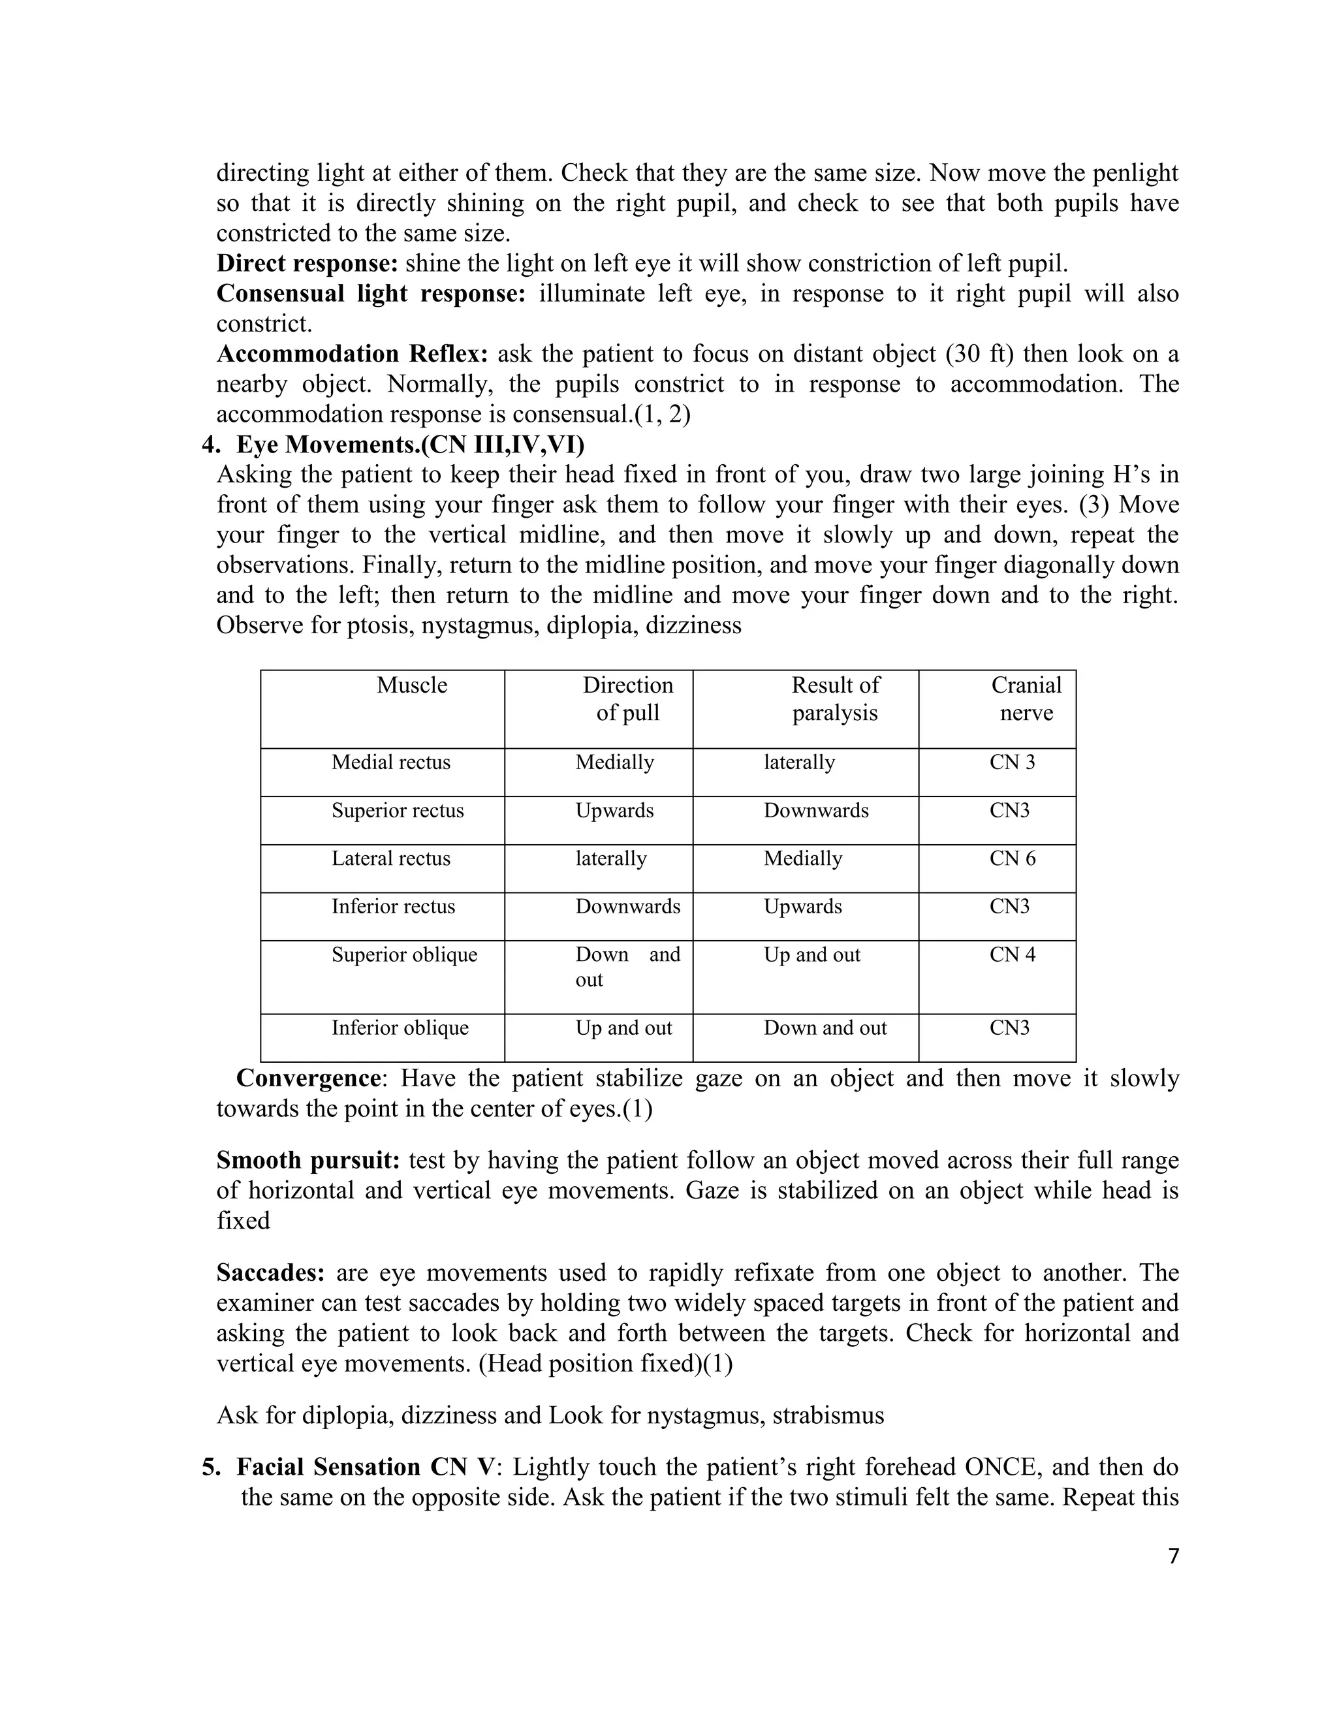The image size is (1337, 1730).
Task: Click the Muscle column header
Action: [411, 685]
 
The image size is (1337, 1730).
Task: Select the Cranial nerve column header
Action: [1026, 699]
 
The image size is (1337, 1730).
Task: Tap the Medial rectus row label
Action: [390, 762]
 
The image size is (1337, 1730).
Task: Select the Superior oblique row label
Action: [404, 954]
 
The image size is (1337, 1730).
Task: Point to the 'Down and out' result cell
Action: [825, 1028]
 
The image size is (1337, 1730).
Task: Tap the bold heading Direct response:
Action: [307, 264]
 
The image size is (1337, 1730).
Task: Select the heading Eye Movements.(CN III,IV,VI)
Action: [409, 445]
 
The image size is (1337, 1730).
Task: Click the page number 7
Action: [1173, 1556]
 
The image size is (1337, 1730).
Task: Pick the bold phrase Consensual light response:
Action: [371, 294]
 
